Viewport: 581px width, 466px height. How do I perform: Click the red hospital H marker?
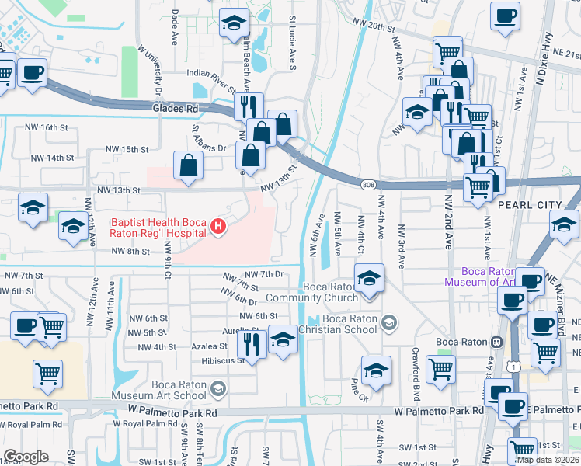tap(219, 228)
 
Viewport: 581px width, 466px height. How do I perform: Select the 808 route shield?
tap(368, 184)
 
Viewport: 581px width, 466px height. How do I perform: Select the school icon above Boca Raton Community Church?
tap(369, 277)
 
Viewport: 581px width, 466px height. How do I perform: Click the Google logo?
tap(26, 456)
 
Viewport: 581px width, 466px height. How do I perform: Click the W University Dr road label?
tap(151, 71)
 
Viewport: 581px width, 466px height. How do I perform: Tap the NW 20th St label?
tap(374, 26)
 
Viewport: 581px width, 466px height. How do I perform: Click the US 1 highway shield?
tap(508, 363)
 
